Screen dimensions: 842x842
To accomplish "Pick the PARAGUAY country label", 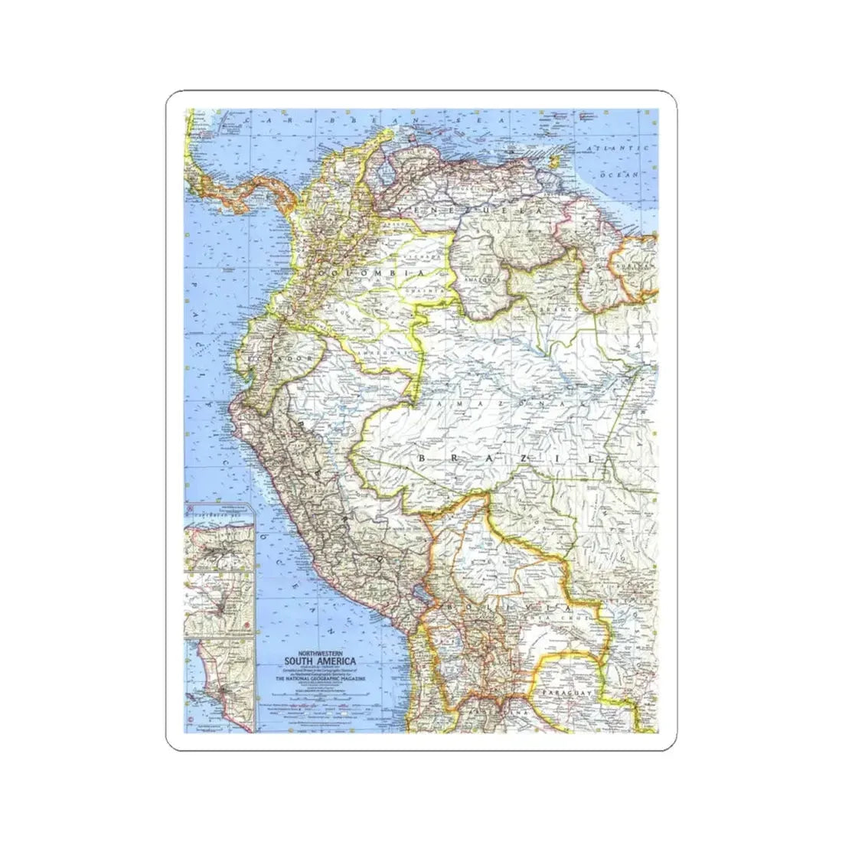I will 566,692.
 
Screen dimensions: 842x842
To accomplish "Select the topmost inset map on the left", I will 220,536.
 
